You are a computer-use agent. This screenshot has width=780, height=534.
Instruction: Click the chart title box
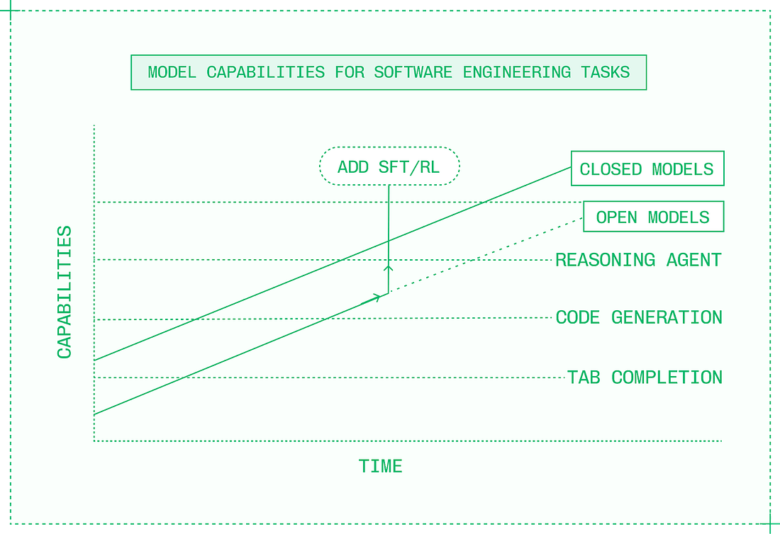pyautogui.click(x=389, y=72)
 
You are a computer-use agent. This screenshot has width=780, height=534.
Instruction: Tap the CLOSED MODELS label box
pyautogui.click(x=647, y=169)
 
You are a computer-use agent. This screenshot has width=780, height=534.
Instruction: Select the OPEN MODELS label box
pyautogui.click(x=653, y=217)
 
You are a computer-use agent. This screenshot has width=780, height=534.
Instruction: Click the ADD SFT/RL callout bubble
pyautogui.click(x=389, y=166)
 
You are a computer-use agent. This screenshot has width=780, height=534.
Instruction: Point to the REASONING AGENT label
pyautogui.click(x=638, y=260)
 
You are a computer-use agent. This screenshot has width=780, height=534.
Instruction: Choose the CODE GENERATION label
pyautogui.click(x=639, y=317)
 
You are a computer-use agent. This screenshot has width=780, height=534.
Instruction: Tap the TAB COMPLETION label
pyautogui.click(x=645, y=377)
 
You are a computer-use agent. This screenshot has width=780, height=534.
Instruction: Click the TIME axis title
pyautogui.click(x=381, y=466)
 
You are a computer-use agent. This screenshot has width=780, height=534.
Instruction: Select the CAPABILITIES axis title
pyautogui.click(x=65, y=292)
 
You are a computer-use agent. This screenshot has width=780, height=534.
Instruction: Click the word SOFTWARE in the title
pyautogui.click(x=413, y=72)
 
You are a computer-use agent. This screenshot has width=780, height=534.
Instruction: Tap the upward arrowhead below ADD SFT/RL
pyautogui.click(x=388, y=268)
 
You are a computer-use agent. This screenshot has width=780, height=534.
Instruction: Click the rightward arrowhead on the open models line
pyautogui.click(x=376, y=298)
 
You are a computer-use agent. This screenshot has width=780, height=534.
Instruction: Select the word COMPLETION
pyautogui.click(x=667, y=377)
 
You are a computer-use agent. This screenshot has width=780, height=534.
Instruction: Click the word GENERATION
pyautogui.click(x=667, y=317)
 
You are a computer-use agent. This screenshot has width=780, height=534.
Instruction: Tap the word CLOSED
pyautogui.click(x=611, y=169)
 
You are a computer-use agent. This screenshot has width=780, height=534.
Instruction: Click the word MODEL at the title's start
pyautogui.click(x=172, y=72)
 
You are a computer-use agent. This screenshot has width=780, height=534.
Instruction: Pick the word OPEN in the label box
pyautogui.click(x=616, y=217)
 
